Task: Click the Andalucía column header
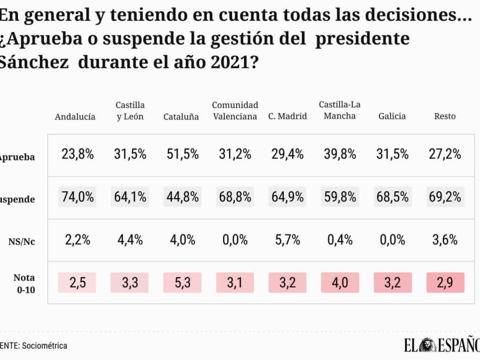point(75,117)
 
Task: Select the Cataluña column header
point(181,117)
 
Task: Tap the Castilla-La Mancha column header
point(339,110)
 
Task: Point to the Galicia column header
point(392,116)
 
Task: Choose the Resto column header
point(445,116)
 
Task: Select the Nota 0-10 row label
point(24,282)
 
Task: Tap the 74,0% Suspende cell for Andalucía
point(78,197)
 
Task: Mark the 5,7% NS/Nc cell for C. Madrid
point(288,240)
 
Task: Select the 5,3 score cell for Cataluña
point(183,282)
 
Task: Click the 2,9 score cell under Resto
point(445,282)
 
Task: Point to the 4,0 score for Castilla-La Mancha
point(340,282)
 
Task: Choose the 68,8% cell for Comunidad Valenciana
point(235,197)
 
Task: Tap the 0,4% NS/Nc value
point(340,240)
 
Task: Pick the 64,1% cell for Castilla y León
point(130,197)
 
